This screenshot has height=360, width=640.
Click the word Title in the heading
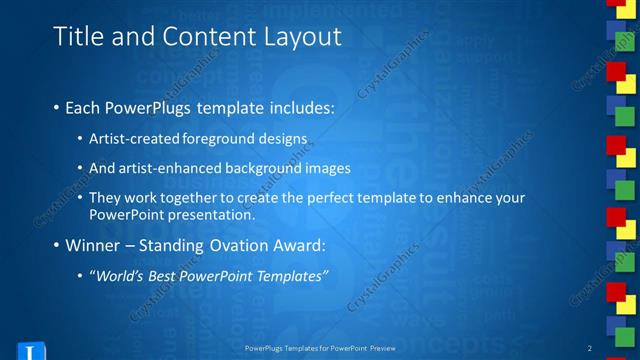pyautogui.click(x=76, y=37)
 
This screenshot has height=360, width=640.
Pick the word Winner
pyautogui.click(x=94, y=246)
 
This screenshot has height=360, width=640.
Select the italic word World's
pyautogui.click(x=119, y=276)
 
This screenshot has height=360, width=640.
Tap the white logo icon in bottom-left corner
pyautogui.click(x=32, y=351)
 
